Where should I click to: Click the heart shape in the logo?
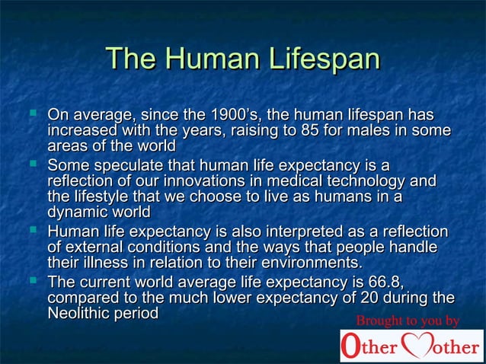[417, 345]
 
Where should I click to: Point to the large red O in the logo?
[350, 346]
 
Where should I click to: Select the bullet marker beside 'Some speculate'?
[33, 163]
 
